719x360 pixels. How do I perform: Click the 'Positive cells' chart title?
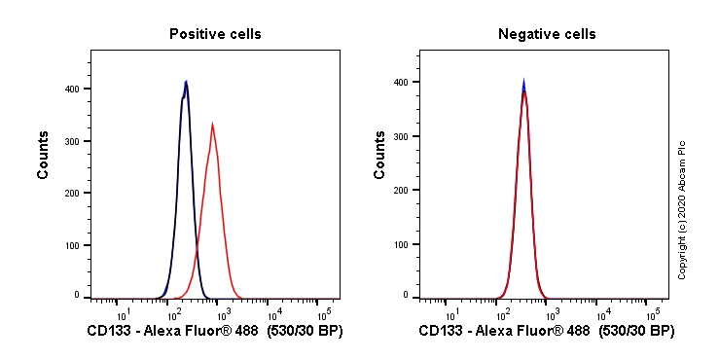coord(215,34)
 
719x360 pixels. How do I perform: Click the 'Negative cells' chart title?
coord(547,34)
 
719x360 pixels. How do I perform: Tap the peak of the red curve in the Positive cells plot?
coord(212,124)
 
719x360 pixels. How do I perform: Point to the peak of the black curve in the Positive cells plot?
coord(186,82)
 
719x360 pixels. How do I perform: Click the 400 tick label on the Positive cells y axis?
coord(73,89)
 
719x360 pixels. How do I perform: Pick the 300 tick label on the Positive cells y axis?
coord(73,141)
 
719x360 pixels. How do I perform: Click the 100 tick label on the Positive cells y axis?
coord(73,245)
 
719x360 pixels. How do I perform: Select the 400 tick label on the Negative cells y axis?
coord(403,83)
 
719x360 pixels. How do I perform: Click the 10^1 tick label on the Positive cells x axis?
coord(123,313)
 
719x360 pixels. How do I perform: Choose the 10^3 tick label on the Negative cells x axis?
coord(553,313)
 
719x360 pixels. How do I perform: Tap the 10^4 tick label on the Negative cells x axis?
coord(603,313)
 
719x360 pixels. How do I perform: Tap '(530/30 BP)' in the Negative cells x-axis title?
coord(636,332)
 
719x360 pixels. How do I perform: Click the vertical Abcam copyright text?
coord(683,209)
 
